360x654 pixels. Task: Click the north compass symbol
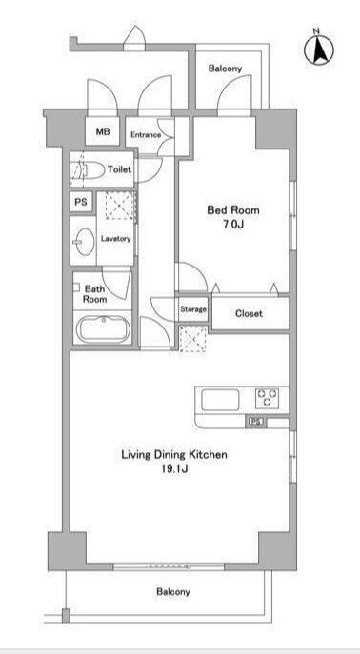coord(318,50)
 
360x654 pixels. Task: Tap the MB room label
coord(103,131)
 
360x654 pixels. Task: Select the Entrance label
coord(146,135)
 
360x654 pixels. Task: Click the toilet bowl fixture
coord(88,169)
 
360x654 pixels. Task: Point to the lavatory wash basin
coord(83,242)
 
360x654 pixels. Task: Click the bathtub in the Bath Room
coord(104,328)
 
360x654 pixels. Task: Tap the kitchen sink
coord(220,400)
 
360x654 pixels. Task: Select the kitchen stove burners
coord(267,398)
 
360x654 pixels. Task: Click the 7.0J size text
coord(232,225)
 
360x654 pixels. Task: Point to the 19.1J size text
coord(174,468)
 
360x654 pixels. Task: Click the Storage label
coord(193,309)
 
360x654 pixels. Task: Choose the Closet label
coord(249,313)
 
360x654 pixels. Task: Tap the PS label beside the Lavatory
coord(81,202)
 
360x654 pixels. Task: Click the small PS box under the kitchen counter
coord(256,422)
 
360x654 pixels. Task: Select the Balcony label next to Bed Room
coord(225,69)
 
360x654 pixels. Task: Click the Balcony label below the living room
coord(173,591)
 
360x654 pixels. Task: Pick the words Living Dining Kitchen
coord(174,454)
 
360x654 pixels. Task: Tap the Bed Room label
coord(233,209)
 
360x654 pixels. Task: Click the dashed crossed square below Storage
coord(192,339)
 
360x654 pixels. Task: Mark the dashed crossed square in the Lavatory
coord(121,206)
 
